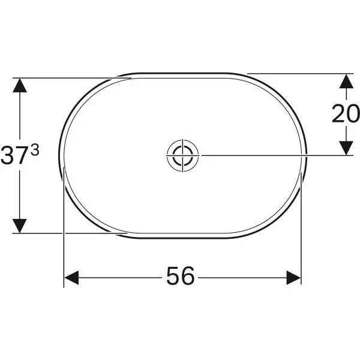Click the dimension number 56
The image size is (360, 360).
tap(181, 276)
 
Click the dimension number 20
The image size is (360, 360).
tap(346, 113)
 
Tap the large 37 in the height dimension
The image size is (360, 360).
tap(13, 155)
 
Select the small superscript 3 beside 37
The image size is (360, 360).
tap(35, 150)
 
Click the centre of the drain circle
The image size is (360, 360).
tap(183, 155)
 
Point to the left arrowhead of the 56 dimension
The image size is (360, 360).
tap(71, 278)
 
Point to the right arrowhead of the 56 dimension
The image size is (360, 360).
tap(293, 278)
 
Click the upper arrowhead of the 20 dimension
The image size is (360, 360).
tap(346, 81)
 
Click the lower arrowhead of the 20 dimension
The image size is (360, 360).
tap(346, 148)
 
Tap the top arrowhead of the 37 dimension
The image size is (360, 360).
tap(20, 85)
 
